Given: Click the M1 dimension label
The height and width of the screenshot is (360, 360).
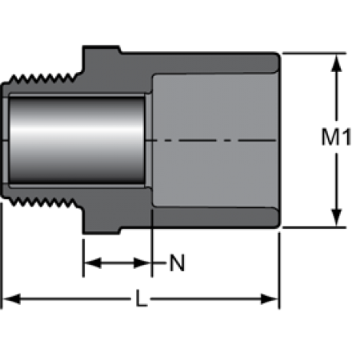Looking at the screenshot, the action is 336,137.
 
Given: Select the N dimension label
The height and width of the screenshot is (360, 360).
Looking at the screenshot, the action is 177,263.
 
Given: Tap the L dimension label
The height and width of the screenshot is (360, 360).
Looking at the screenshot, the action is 142,298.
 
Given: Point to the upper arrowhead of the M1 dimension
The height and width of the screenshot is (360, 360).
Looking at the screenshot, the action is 337,63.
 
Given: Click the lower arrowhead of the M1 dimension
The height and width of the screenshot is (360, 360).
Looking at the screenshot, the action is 337,218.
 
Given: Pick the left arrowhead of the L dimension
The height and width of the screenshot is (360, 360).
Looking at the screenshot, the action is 11,299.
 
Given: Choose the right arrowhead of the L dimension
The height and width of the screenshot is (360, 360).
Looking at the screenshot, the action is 270,299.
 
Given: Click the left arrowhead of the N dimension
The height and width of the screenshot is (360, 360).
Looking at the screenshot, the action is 93,263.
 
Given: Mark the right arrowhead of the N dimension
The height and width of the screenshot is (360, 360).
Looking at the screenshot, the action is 142,263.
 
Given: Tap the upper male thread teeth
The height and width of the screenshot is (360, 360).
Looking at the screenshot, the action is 42,78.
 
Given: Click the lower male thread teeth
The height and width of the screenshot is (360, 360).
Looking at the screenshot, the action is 42,202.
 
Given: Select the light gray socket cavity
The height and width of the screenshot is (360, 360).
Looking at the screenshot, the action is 215,140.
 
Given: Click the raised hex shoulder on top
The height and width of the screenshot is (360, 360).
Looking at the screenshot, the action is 102,50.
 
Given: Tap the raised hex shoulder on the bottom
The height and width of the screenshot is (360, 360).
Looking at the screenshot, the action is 102,230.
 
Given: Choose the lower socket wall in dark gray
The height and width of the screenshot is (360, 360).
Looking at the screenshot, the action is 215,217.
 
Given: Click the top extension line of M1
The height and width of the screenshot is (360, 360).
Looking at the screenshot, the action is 314,54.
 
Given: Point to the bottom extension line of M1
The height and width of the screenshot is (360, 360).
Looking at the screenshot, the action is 314,227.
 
